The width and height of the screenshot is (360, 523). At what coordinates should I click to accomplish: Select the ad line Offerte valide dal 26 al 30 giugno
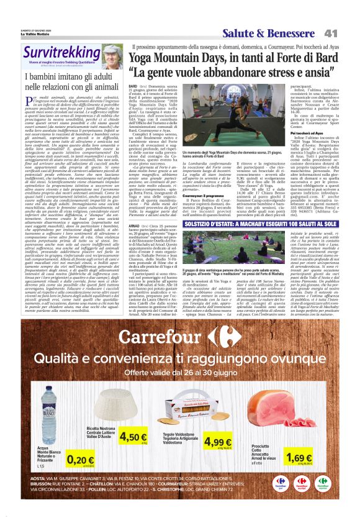(x=180, y=372)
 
